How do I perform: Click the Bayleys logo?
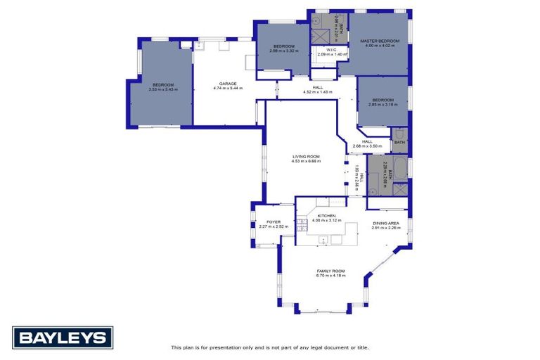point(63,338)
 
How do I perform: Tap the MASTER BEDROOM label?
point(380,41)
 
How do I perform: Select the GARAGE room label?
point(227,84)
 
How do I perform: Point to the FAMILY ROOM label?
point(330,270)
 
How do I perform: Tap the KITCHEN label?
point(326,215)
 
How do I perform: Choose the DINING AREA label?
point(386,224)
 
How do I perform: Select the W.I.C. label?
point(333,49)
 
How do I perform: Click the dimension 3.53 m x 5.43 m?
point(163,89)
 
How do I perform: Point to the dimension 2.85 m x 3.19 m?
point(384,104)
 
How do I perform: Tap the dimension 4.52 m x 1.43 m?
point(317,92)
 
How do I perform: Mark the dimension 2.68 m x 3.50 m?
point(367,146)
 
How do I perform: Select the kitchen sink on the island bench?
point(326,240)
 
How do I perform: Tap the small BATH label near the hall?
point(399,142)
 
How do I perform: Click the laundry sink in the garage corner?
point(186,45)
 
